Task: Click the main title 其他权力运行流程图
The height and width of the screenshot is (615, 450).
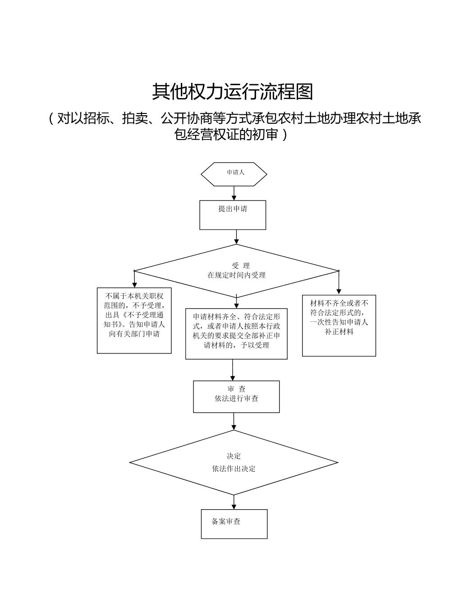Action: coord(232,92)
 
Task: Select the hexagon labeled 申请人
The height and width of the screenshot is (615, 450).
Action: coord(234,174)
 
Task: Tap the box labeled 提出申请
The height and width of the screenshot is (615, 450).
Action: coord(233,215)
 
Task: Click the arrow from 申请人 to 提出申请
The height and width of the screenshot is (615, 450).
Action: coord(234,193)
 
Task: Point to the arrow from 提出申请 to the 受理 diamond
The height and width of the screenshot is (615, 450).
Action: coord(236,237)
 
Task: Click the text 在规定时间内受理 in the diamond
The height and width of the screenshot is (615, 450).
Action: coord(236,275)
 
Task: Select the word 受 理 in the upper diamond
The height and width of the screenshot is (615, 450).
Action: coord(240,266)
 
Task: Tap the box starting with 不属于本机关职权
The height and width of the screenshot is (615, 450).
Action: coord(134,320)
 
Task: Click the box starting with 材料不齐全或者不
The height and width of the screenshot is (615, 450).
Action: coord(339,326)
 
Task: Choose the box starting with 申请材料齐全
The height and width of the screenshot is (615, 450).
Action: coord(236,333)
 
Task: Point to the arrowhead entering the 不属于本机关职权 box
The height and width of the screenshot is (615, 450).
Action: coord(134,285)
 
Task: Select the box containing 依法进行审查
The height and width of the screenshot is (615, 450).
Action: coord(236,396)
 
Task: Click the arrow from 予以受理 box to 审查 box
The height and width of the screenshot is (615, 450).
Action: coord(233,370)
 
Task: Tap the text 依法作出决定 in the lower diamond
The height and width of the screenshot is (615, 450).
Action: coord(234,469)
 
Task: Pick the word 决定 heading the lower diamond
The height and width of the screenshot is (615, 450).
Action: coord(234,456)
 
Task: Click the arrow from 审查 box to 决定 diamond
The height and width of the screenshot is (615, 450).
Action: coord(234,421)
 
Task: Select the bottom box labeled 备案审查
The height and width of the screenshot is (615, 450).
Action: coord(234,524)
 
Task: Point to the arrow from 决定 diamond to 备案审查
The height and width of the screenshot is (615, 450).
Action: coord(234,502)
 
